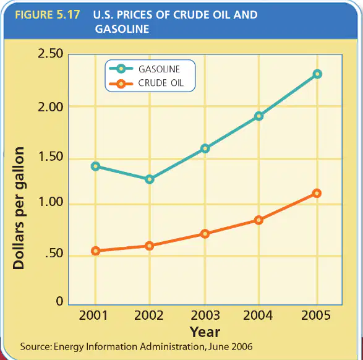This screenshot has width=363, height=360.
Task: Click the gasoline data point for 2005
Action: click(317, 74)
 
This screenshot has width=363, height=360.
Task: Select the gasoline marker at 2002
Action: click(150, 179)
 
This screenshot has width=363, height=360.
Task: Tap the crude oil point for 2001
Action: click(95, 251)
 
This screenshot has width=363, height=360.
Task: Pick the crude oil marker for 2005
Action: click(317, 193)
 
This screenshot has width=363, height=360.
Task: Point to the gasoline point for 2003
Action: click(205, 148)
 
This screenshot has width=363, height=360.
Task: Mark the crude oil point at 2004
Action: click(259, 220)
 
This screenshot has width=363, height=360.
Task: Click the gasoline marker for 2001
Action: click(95, 166)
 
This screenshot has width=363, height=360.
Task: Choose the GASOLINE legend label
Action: click(160, 69)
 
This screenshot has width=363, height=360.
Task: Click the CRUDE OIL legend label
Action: click(161, 83)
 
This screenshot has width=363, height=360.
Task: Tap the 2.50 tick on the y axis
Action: click(51, 53)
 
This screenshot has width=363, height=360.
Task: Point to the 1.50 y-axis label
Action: click(51, 156)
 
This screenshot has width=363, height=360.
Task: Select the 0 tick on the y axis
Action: click(59, 301)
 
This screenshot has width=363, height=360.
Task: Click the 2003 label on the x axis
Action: click(205, 315)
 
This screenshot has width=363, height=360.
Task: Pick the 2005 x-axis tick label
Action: click(316, 315)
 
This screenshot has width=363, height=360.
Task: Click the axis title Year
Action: click(205, 332)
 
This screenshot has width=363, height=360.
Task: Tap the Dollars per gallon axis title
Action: click(19, 208)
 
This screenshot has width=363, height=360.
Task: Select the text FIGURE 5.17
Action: click(48, 15)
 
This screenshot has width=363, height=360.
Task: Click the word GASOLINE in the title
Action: click(122, 29)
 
